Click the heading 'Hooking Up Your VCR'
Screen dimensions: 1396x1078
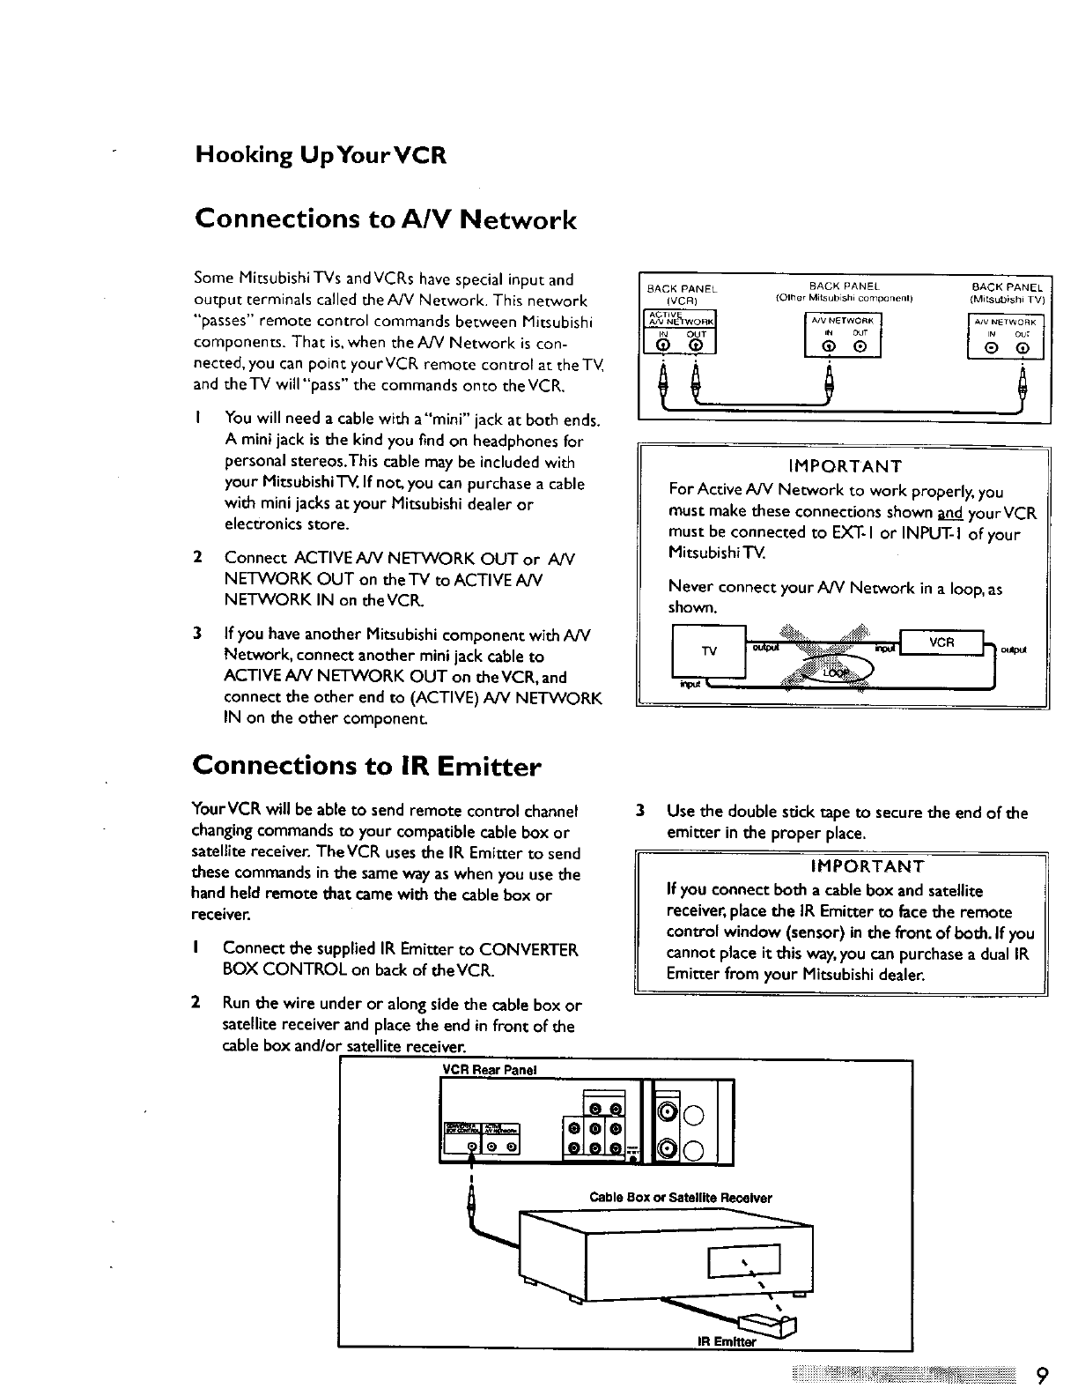(321, 156)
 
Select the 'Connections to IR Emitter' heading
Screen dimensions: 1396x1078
(366, 766)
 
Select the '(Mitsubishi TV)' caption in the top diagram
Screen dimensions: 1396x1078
(1007, 298)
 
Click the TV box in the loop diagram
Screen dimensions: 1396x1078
(708, 651)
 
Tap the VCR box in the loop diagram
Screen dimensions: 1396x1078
(941, 642)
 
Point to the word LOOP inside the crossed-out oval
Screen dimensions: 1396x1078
(836, 672)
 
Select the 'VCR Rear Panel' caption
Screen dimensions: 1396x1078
(489, 1070)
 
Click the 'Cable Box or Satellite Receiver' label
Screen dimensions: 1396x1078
(680, 1198)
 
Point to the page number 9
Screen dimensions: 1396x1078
(1041, 1376)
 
